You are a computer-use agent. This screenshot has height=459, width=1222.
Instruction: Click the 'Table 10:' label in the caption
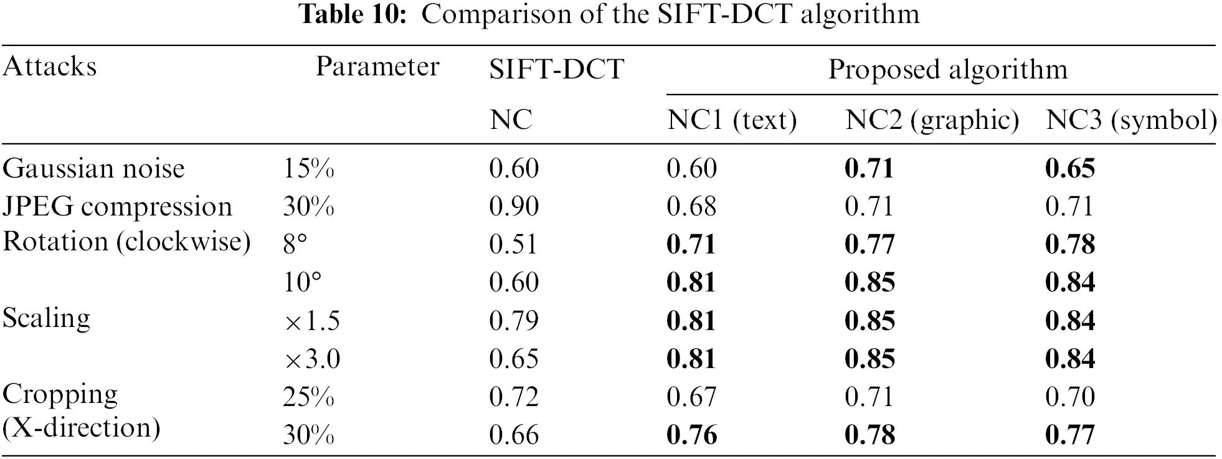pyautogui.click(x=353, y=14)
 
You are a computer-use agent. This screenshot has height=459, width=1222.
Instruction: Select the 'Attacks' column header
pyautogui.click(x=50, y=67)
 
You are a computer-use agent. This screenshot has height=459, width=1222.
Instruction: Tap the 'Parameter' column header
pyautogui.click(x=377, y=67)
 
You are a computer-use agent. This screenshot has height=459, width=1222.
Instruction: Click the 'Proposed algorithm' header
pyautogui.click(x=947, y=69)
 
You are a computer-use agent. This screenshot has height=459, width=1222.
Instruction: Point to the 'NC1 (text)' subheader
pyautogui.click(x=732, y=120)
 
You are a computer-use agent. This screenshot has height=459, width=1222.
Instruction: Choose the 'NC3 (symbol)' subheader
pyautogui.click(x=1131, y=120)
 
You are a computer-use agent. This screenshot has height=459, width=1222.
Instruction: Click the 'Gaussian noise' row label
pyautogui.click(x=94, y=169)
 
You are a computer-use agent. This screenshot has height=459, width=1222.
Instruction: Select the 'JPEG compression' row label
pyautogui.click(x=117, y=207)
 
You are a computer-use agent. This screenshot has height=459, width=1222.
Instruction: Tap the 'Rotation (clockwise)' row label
pyautogui.click(x=127, y=242)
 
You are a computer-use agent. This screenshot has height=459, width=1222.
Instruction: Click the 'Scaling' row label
pyautogui.click(x=47, y=318)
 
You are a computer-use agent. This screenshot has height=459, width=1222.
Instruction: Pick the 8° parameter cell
pyautogui.click(x=295, y=245)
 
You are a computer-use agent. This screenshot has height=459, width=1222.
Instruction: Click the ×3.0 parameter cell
pyautogui.click(x=312, y=359)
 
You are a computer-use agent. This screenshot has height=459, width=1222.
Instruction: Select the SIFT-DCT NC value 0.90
pyautogui.click(x=514, y=207)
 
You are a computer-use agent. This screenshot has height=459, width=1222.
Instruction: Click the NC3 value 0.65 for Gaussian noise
pyautogui.click(x=1070, y=169)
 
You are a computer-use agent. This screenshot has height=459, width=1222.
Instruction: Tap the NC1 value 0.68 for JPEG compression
pyautogui.click(x=691, y=207)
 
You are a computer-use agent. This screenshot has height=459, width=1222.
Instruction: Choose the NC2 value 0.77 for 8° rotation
pyautogui.click(x=869, y=245)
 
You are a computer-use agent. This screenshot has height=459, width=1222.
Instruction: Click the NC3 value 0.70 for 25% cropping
pyautogui.click(x=1070, y=397)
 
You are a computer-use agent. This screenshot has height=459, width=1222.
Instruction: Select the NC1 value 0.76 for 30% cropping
pyautogui.click(x=691, y=435)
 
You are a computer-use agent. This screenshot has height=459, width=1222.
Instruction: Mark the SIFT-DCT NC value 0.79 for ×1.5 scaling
pyautogui.click(x=514, y=321)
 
